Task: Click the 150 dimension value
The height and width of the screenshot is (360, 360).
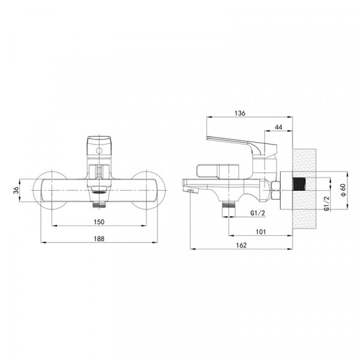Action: point(99,222)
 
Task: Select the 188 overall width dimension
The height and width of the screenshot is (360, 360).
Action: point(99,239)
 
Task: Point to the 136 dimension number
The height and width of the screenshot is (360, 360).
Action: point(240,112)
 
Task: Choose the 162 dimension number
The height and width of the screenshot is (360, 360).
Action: point(240,244)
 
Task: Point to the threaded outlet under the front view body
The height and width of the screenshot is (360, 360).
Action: point(100,203)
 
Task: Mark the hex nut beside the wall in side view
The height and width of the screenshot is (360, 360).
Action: point(277,189)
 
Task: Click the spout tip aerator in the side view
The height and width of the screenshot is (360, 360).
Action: point(190,191)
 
